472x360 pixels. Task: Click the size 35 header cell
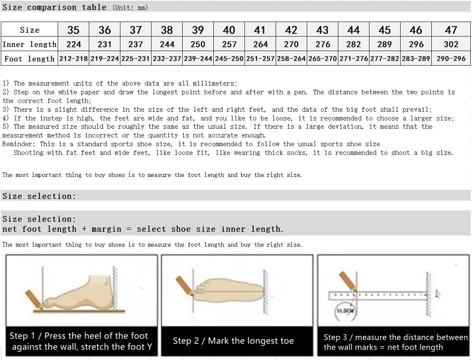73,30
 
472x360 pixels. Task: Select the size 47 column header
451,30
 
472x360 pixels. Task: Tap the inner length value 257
229,44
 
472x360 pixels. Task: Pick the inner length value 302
451,44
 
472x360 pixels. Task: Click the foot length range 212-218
73,59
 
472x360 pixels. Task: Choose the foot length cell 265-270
323,59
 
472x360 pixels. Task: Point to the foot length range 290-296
451,59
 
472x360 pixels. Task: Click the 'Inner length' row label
29,44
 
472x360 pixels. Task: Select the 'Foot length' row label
29,59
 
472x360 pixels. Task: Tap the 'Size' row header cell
29,30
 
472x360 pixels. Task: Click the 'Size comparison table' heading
54,7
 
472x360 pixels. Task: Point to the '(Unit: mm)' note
130,7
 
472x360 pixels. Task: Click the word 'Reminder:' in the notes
19,144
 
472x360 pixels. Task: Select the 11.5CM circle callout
345,311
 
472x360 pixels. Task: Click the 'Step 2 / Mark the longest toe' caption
233,341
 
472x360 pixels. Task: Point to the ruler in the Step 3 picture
378,296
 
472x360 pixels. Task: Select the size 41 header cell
260,30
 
